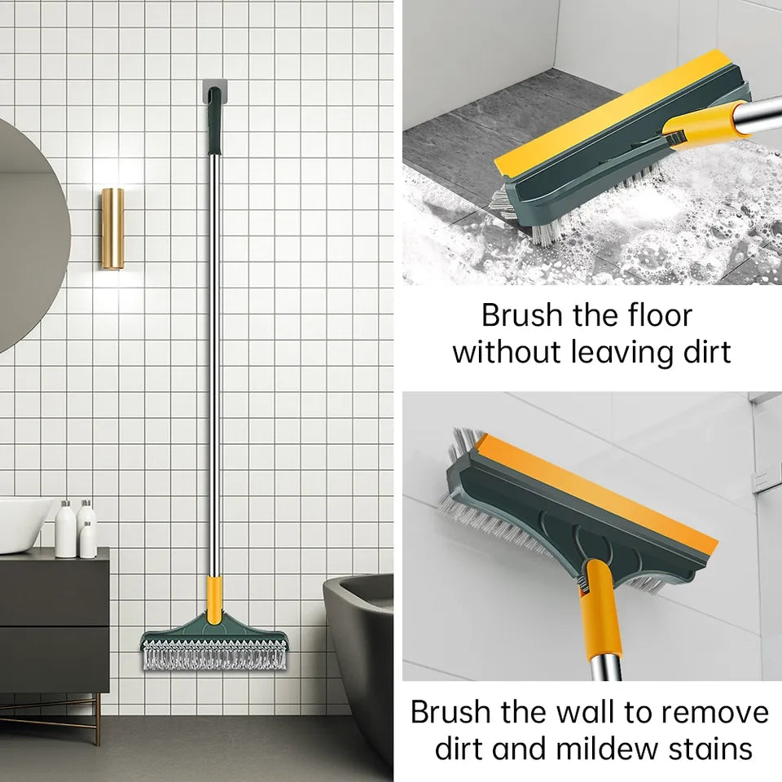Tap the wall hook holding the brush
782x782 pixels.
[x=211, y=92]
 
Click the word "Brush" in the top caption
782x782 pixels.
[x=518, y=314]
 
